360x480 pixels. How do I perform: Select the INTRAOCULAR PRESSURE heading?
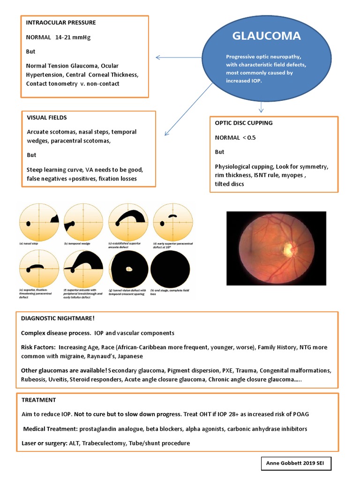click(61, 22)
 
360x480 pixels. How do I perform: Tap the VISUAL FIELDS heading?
click(46, 118)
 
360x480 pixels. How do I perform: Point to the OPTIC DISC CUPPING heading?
click(244, 123)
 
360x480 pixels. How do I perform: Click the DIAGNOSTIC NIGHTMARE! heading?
click(58, 318)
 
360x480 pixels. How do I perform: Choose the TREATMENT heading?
click(39, 400)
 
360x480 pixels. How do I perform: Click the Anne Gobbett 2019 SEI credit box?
click(296, 464)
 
